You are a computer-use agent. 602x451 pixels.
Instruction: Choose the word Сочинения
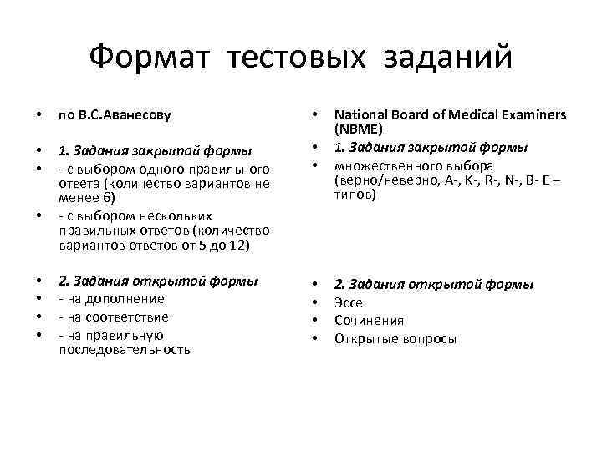(x=369, y=321)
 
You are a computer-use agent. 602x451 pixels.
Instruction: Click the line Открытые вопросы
(x=395, y=339)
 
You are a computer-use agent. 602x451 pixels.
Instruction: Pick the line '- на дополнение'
(x=110, y=299)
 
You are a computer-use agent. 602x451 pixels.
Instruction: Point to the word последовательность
(x=124, y=350)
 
